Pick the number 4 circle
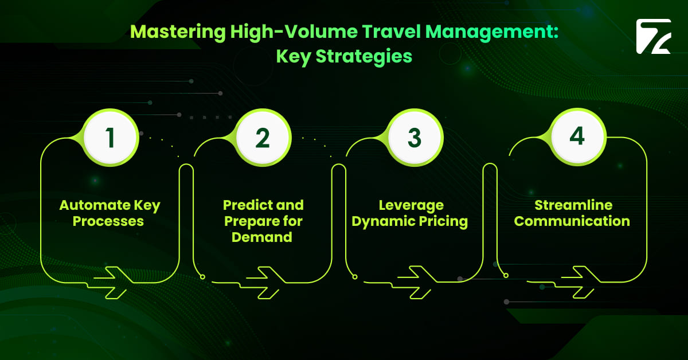click(x=577, y=136)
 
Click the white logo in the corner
click(x=653, y=37)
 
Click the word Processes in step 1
click(x=110, y=221)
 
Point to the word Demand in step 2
click(x=262, y=236)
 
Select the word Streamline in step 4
click(x=573, y=205)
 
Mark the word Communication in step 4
click(x=572, y=221)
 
